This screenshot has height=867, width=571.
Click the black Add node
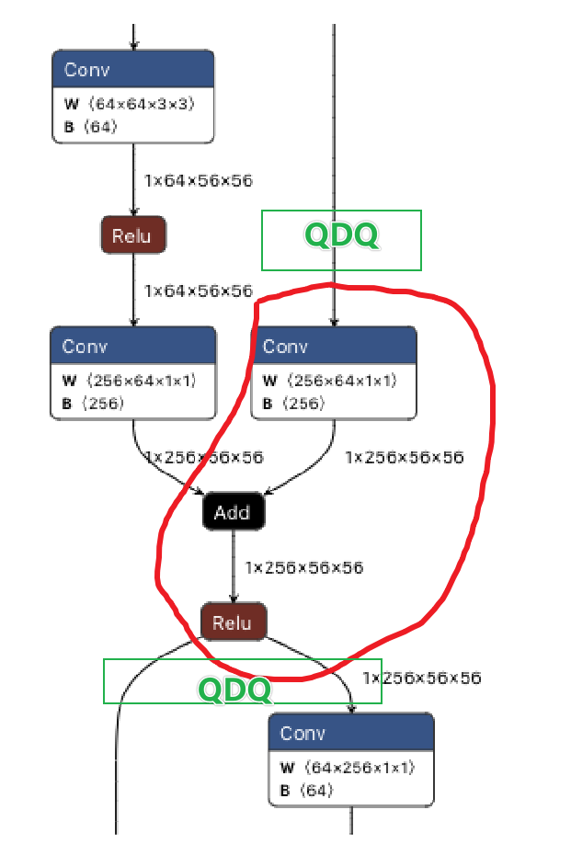point(233,512)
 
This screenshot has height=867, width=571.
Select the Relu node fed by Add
point(233,622)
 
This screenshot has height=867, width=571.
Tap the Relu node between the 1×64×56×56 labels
point(131,235)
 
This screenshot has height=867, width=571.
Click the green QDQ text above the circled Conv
point(341,236)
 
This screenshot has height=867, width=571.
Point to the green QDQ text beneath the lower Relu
point(235,689)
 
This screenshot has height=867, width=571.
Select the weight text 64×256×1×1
point(359,767)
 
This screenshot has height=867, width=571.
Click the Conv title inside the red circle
point(285,347)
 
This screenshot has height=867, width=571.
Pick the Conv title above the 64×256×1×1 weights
point(303,733)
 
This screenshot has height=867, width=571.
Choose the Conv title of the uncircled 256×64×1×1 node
point(85,347)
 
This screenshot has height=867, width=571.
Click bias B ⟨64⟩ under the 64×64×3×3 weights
point(91,127)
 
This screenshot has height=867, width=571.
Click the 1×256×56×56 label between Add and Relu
point(303,567)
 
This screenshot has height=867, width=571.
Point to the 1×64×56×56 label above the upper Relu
point(199,180)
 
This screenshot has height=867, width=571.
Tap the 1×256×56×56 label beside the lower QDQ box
point(421,678)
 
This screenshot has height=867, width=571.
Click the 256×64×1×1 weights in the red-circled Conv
point(341,381)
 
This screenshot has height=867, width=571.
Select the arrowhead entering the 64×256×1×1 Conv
point(351,708)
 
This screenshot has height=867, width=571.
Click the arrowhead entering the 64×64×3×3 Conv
point(134,46)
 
